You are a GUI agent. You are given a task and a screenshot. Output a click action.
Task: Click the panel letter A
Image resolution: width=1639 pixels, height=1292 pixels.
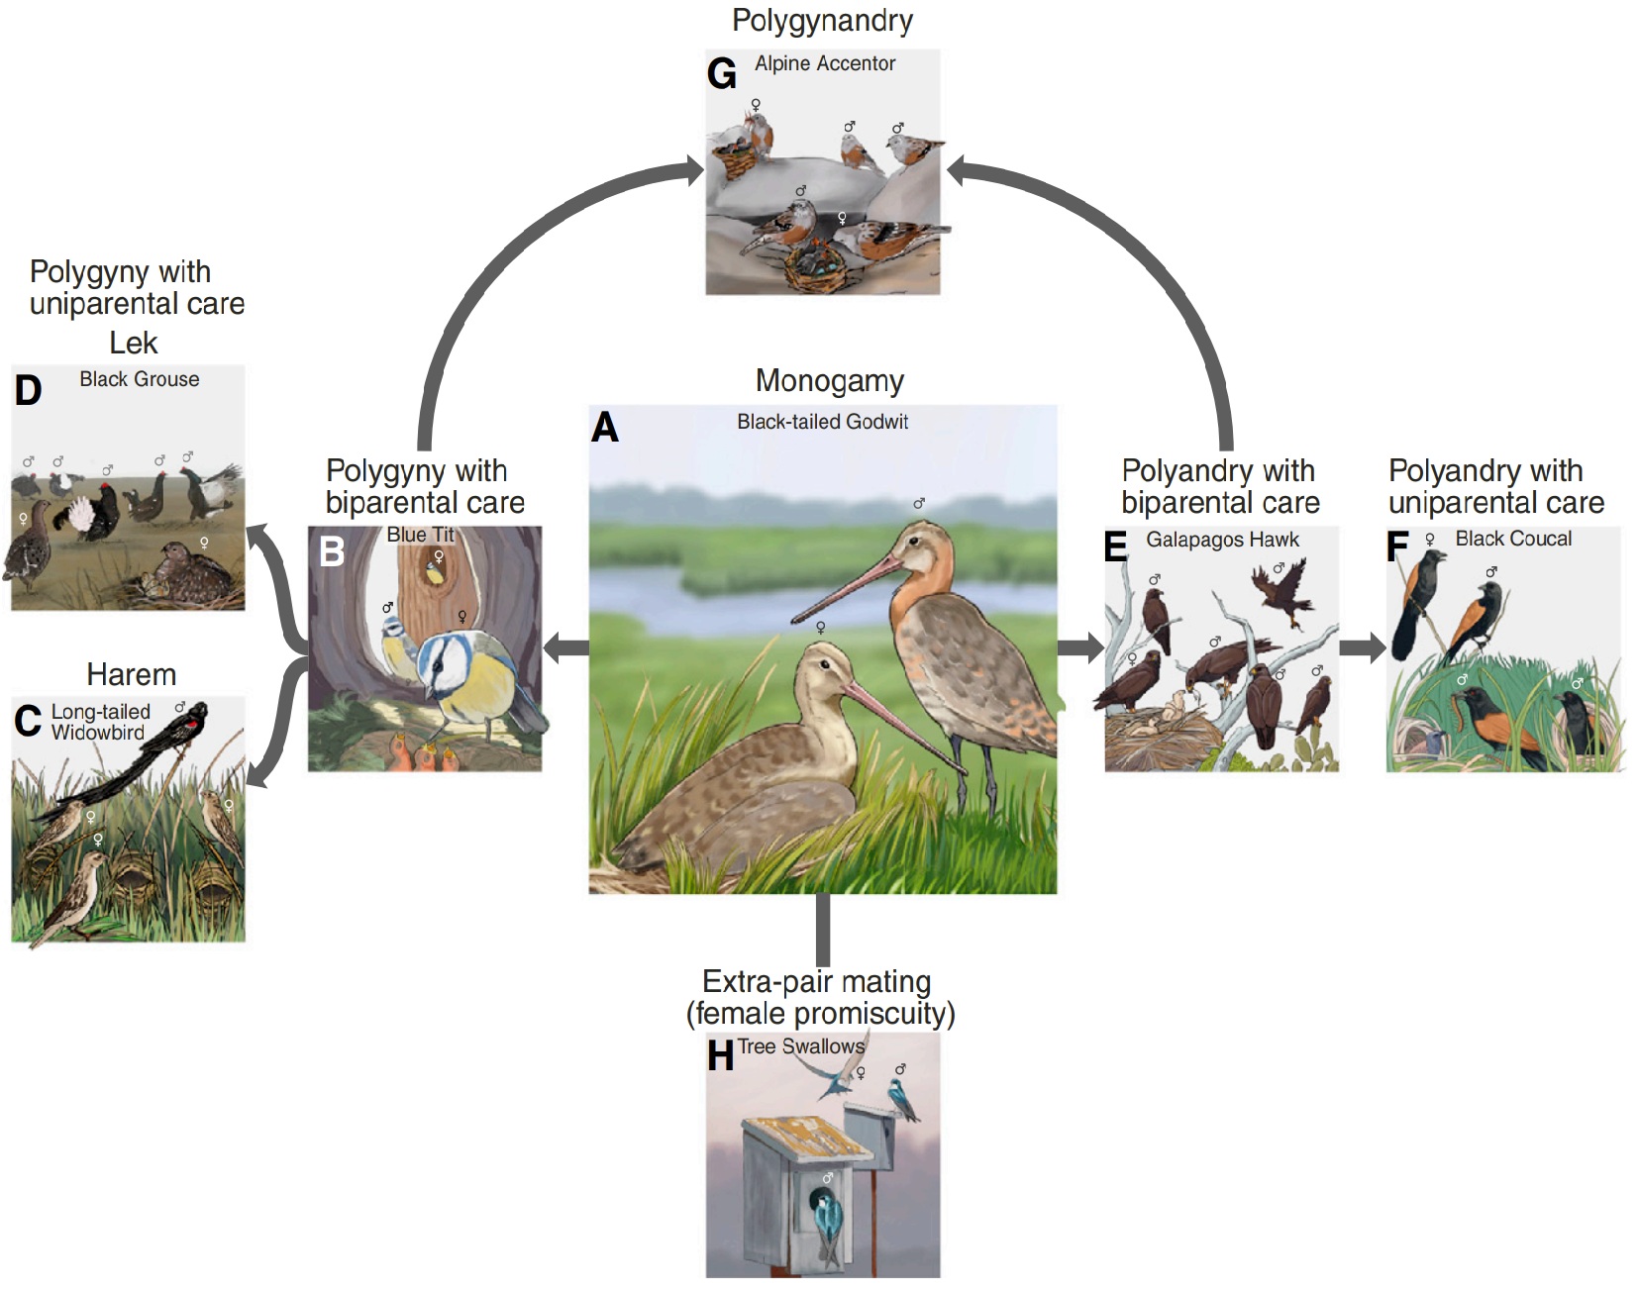coord(605,428)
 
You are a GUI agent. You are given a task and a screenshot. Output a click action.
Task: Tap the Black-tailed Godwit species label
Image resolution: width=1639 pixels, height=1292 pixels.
coord(822,422)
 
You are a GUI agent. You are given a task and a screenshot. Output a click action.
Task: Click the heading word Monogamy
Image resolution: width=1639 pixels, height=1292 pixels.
coord(829,381)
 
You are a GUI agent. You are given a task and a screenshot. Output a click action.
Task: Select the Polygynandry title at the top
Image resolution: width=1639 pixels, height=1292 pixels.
coord(822,21)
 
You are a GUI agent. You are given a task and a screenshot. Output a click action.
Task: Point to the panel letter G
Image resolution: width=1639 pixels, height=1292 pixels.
coord(721,74)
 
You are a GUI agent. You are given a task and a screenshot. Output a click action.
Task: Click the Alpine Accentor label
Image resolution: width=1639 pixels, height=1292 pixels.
coord(824,64)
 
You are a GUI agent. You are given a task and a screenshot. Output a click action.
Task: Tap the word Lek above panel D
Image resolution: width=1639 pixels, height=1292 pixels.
coord(133,344)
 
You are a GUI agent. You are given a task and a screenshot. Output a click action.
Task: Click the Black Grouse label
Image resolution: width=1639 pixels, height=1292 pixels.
coord(139,379)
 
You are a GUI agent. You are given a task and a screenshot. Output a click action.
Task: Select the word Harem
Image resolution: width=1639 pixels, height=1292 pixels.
coord(131,675)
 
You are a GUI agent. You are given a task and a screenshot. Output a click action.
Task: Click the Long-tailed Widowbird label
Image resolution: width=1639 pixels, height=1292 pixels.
coord(99,723)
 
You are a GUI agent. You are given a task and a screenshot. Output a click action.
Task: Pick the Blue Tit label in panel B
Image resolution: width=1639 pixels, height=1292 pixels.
coord(420,535)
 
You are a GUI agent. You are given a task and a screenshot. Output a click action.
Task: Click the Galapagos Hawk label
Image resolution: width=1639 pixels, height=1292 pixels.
coord(1222,540)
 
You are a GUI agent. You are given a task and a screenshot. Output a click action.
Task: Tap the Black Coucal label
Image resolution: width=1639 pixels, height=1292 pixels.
coord(1512,539)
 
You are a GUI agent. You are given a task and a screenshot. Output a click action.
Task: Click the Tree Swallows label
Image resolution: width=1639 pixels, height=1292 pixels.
coord(800,1046)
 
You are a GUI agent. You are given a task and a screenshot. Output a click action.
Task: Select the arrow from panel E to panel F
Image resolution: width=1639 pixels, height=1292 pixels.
coord(1363,648)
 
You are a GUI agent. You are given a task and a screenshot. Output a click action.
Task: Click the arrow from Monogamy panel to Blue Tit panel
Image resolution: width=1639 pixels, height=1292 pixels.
coord(566,649)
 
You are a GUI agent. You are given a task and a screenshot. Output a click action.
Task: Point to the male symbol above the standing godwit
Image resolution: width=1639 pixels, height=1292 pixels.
coord(919,504)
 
